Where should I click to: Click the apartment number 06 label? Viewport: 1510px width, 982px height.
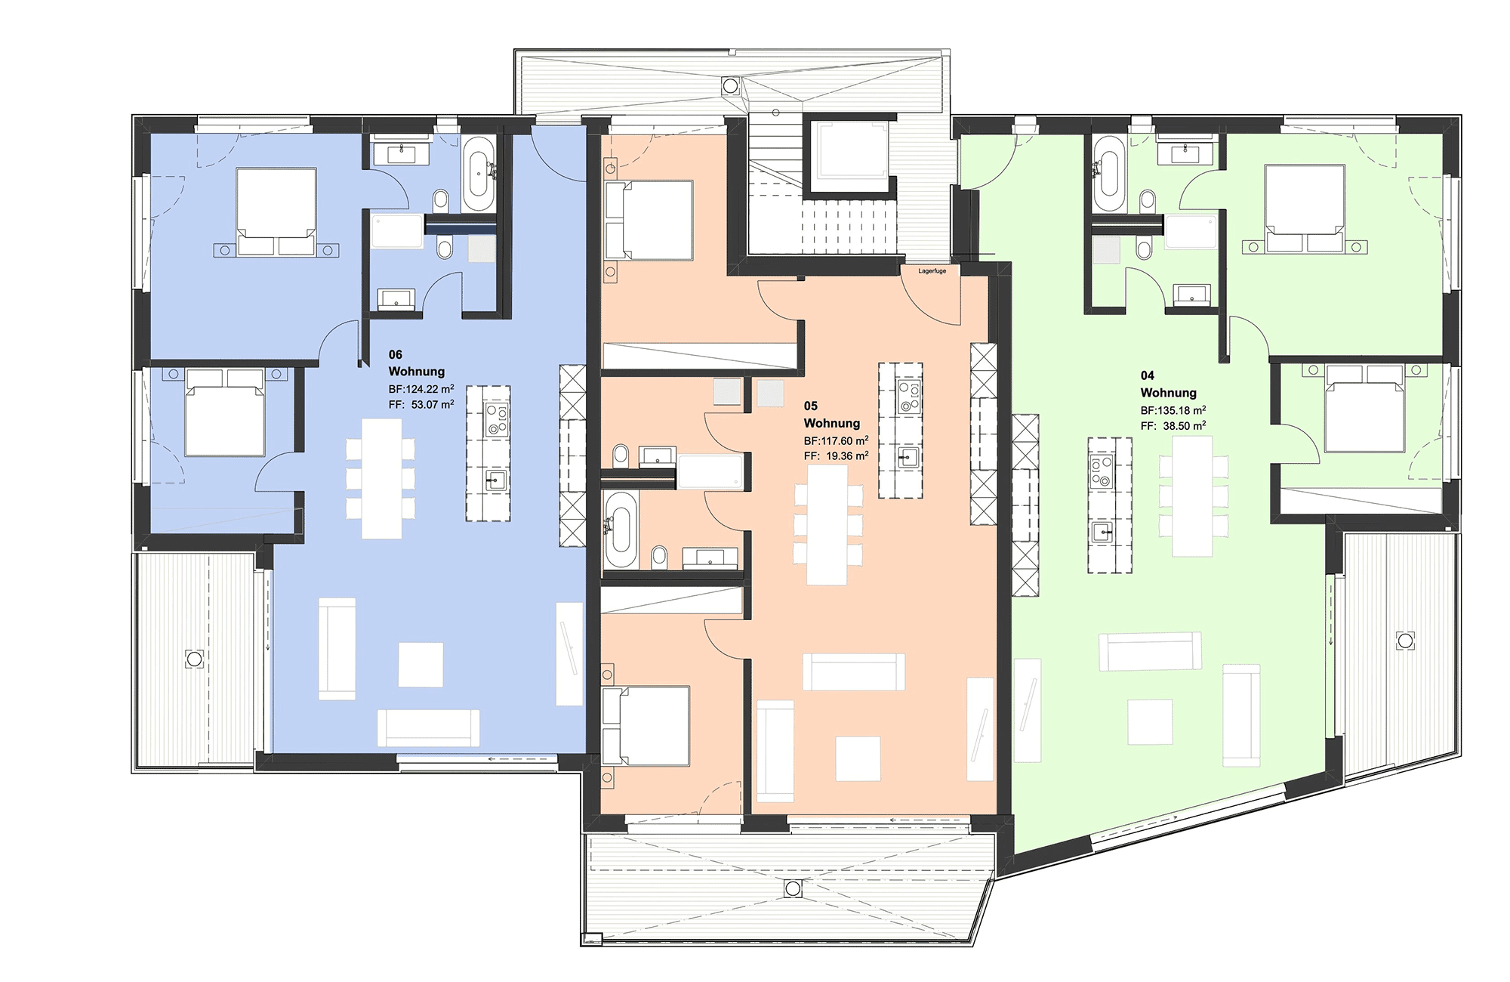pyautogui.click(x=396, y=354)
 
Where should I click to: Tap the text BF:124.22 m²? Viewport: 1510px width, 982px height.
pyautogui.click(x=421, y=389)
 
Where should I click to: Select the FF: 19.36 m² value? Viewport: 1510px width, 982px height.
pyautogui.click(x=837, y=455)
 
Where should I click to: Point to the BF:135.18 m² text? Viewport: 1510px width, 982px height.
pyautogui.click(x=1173, y=410)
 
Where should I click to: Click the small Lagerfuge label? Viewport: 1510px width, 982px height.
pyautogui.click(x=932, y=271)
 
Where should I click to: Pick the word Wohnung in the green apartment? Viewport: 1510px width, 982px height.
pyautogui.click(x=1168, y=393)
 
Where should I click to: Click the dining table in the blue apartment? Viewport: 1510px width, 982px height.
pyautogui.click(x=381, y=478)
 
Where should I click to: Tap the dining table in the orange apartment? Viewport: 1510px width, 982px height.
pyautogui.click(x=827, y=525)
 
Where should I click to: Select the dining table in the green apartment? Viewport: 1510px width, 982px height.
pyautogui.click(x=1193, y=496)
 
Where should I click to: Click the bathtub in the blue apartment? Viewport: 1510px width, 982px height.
pyautogui.click(x=478, y=174)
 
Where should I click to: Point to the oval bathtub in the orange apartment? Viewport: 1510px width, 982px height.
pyautogui.click(x=621, y=530)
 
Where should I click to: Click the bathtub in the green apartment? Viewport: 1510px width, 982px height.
pyautogui.click(x=1108, y=174)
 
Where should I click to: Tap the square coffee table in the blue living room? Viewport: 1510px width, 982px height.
pyautogui.click(x=421, y=665)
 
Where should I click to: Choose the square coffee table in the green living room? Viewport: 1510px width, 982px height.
pyautogui.click(x=1151, y=722)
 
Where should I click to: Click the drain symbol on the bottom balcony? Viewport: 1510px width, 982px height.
pyautogui.click(x=793, y=888)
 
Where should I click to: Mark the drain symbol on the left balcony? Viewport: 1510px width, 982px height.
pyautogui.click(x=194, y=659)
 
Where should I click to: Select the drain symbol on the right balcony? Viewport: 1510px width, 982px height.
pyautogui.click(x=1405, y=641)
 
